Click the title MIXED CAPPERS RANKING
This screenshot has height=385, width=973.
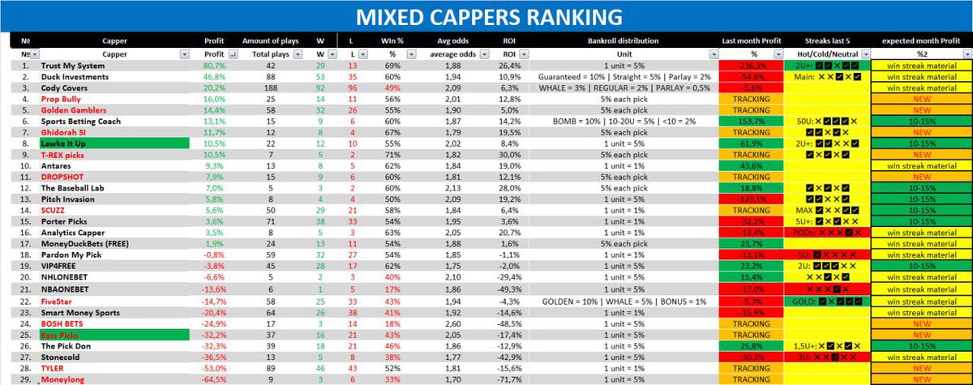pyautogui.click(x=486, y=16)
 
